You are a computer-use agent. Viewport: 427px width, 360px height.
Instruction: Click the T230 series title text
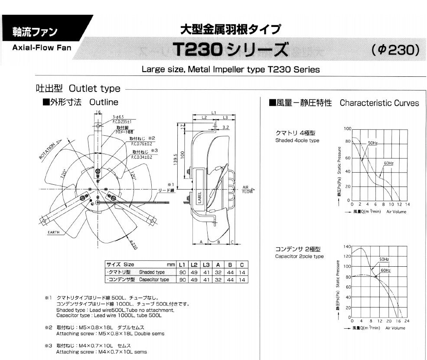click(x=230, y=50)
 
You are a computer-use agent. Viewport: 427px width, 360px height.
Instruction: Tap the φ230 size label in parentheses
click(x=395, y=50)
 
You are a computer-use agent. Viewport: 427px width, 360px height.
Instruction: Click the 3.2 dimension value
click(x=225, y=128)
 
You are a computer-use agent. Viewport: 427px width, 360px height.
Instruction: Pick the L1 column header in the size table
click(x=183, y=265)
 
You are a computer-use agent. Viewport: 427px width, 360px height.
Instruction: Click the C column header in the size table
click(x=242, y=265)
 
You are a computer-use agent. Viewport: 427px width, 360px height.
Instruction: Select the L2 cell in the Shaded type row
click(x=195, y=272)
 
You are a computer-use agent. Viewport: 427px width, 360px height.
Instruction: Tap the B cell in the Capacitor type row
click(x=230, y=280)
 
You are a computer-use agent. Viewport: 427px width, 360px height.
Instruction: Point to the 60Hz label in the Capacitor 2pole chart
click(x=385, y=270)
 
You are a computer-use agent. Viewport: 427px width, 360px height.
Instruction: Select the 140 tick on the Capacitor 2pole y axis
click(x=347, y=246)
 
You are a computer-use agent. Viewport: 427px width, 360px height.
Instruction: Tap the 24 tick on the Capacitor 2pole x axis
click(x=407, y=321)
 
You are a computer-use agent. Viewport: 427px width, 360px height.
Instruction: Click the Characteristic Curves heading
click(x=379, y=103)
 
